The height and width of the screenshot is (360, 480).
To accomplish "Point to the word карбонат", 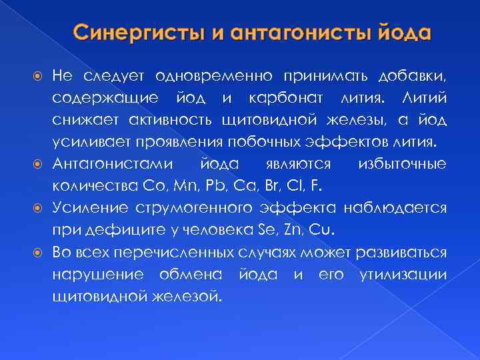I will [288, 98].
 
